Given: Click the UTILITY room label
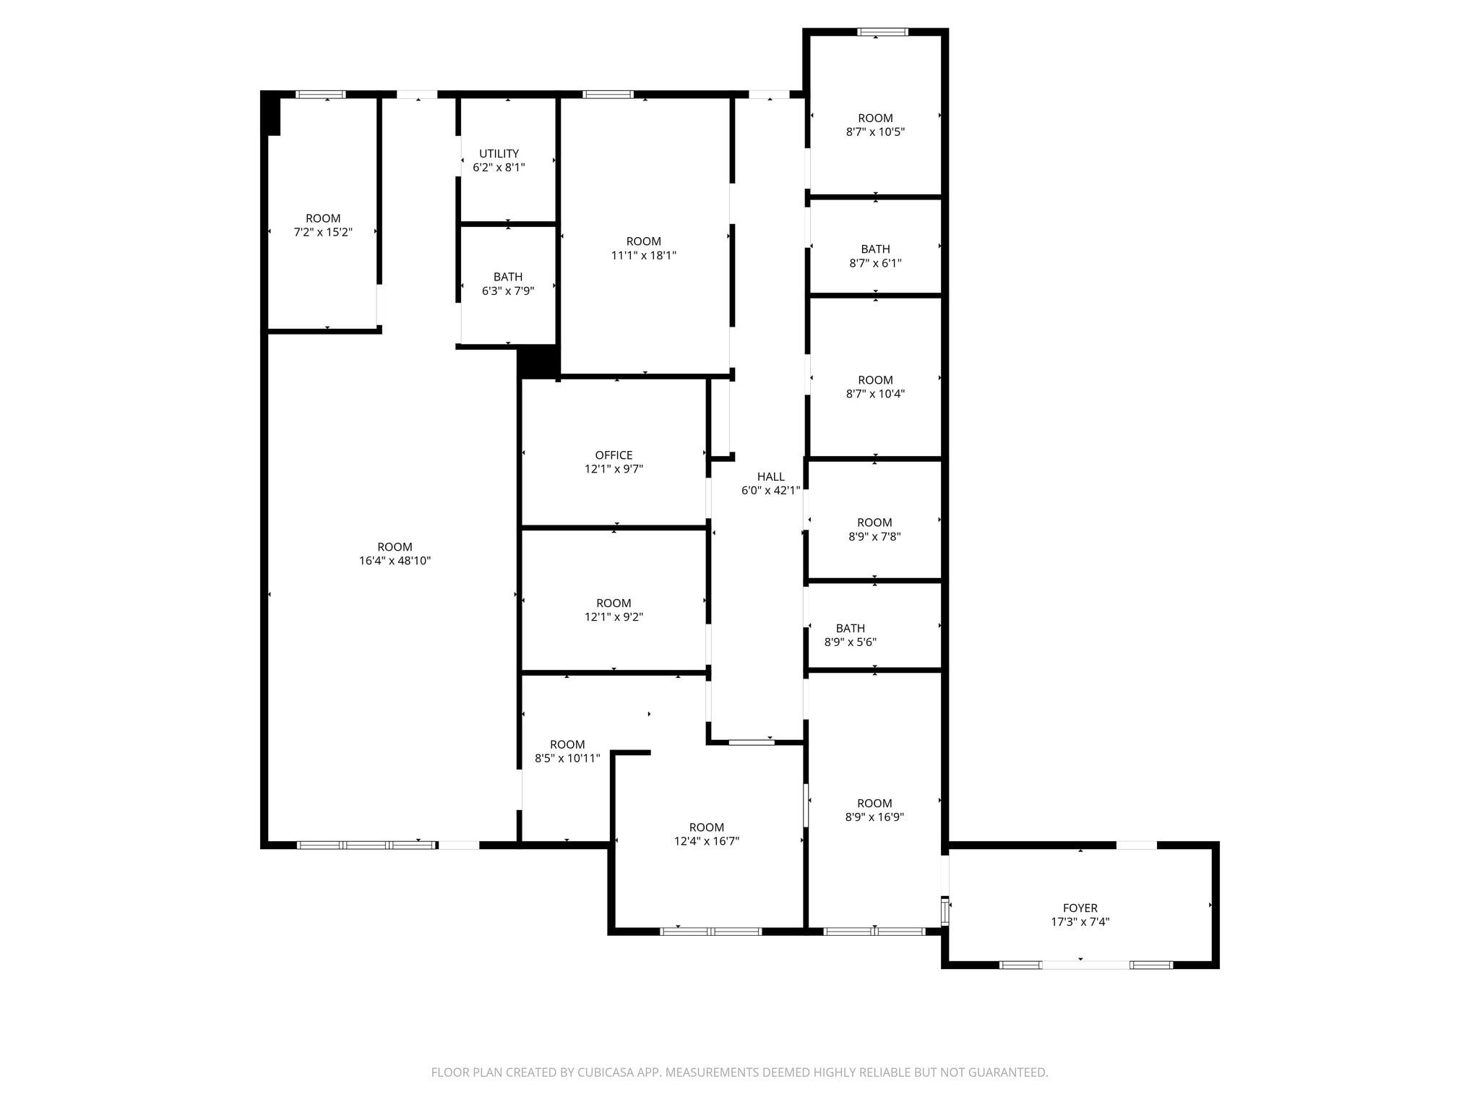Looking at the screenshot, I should (499, 153).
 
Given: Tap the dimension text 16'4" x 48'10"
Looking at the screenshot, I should (395, 561).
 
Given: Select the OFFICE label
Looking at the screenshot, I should (614, 455).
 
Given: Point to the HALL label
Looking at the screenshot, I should (770, 476).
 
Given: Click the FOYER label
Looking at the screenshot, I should (1080, 908).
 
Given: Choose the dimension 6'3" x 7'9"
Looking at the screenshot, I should (507, 291).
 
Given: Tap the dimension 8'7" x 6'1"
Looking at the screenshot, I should (875, 263).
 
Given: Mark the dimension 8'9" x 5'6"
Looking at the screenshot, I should (850, 642).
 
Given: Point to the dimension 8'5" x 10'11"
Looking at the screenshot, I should (567, 758).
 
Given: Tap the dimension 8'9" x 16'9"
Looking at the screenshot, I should (874, 817).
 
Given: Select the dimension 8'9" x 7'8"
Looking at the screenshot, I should (874, 536).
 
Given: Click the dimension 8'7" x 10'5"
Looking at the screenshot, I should (875, 132).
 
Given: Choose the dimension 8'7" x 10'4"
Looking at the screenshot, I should (875, 394).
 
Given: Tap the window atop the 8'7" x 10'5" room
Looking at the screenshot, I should (882, 32).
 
